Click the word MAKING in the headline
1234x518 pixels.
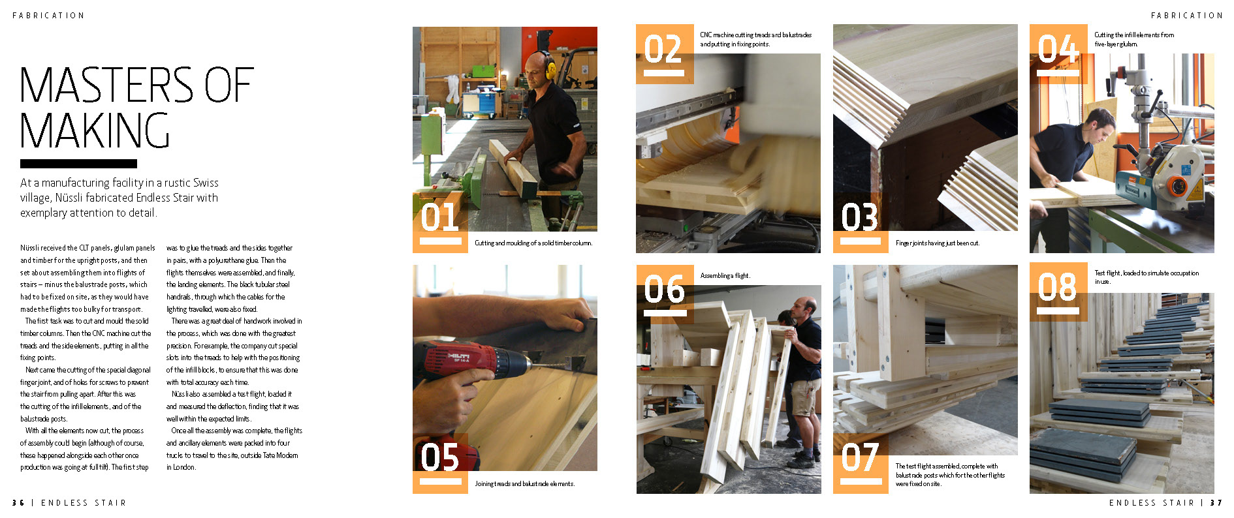pyautogui.click(x=95, y=130)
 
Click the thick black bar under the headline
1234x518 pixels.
pyautogui.click(x=78, y=164)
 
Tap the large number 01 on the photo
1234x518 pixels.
pyautogui.click(x=439, y=217)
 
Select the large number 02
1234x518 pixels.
pyautogui.click(x=663, y=49)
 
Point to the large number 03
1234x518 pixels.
pyautogui.click(x=859, y=217)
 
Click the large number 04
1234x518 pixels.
pyautogui.click(x=1057, y=49)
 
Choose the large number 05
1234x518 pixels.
pyautogui.click(x=439, y=457)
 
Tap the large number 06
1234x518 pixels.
pyautogui.click(x=664, y=289)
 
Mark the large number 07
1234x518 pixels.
pyautogui.click(x=859, y=457)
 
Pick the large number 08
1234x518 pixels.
pyautogui.click(x=1057, y=286)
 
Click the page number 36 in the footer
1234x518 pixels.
pyautogui.click(x=18, y=503)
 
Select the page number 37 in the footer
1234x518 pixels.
pyautogui.click(x=1216, y=503)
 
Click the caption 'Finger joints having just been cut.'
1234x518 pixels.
pyautogui.click(x=938, y=243)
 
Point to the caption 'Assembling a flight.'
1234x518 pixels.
pyautogui.click(x=725, y=276)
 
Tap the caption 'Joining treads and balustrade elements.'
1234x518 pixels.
pyautogui.click(x=525, y=484)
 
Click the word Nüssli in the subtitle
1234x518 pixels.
pyautogui.click(x=70, y=198)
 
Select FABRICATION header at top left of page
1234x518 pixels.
pyautogui.click(x=48, y=16)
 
